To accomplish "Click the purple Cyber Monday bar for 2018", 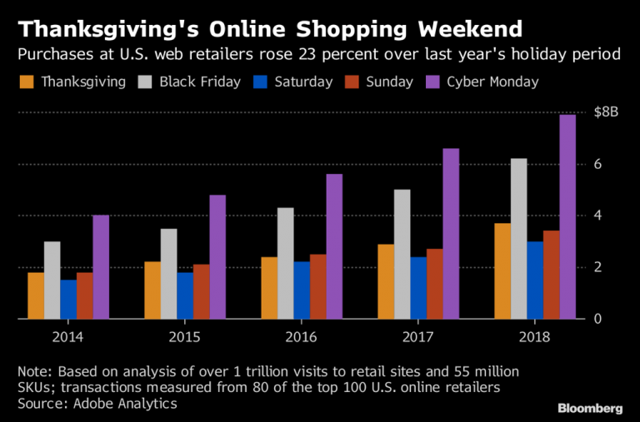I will pos(567,216).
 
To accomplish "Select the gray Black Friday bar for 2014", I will pos(52,280).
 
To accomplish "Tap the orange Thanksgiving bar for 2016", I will pos(269,287).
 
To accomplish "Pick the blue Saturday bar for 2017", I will pos(417,287).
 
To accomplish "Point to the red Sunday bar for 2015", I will pos(201,291).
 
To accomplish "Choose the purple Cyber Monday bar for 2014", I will pos(101,266).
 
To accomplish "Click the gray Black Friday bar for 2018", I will pos(518,238).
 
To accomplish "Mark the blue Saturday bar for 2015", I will pos(185,295).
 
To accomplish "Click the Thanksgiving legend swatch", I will pos(26,82).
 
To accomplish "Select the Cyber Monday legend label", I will pos(492,82).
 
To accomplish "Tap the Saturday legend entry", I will pos(292,82).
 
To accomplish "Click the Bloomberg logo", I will pos(589,408).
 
